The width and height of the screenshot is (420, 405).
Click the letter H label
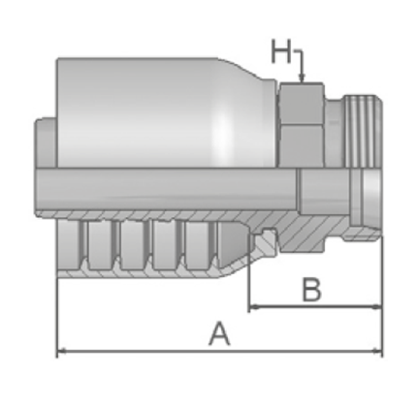[281, 51]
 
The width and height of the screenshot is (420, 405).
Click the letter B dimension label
[311, 289]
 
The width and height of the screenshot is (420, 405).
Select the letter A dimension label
[220, 333]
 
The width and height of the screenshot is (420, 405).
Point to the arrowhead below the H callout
[302, 78]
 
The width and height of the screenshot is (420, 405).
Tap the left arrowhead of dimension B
[255, 307]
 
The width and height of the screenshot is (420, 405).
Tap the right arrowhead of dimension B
[377, 307]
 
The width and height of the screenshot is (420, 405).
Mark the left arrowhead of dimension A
[62, 351]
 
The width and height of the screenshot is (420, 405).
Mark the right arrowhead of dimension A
[377, 351]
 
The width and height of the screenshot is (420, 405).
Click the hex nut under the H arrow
[302, 125]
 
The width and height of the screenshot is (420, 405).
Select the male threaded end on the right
[362, 131]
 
